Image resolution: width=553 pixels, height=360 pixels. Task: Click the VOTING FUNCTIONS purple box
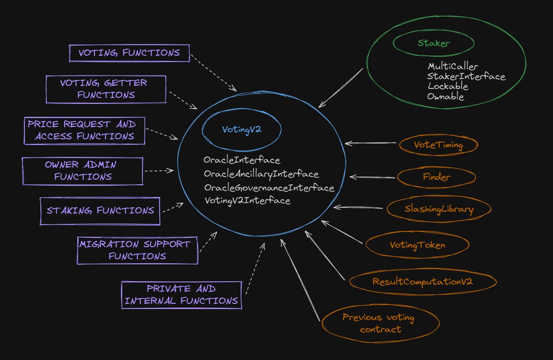pos(129,53)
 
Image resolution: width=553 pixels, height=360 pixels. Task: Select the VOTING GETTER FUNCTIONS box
pos(106,89)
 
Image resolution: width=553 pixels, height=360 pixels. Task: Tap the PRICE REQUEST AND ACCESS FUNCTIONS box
pos(84,130)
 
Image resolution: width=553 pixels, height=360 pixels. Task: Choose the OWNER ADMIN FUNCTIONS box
pos(83,171)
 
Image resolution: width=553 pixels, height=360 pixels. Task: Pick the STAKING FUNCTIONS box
pos(100,211)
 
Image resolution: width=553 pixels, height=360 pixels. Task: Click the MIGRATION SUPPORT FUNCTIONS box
pos(137,250)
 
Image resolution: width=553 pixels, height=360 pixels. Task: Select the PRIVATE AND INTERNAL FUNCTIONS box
pos(181,295)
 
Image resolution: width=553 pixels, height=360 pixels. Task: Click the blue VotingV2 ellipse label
pos(242,130)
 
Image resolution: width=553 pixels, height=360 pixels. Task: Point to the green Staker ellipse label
pos(434,43)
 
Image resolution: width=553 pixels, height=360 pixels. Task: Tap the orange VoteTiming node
pos(438,145)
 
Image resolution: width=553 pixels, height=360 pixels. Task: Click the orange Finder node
pos(437,177)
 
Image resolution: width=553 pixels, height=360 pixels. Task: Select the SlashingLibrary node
pos(439,209)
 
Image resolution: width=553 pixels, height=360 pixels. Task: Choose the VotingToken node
pos(417,245)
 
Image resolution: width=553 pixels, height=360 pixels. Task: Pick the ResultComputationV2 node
pos(422,282)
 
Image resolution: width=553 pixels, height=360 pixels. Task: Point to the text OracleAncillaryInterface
pos(261,174)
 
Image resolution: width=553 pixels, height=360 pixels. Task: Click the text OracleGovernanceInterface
pos(269,188)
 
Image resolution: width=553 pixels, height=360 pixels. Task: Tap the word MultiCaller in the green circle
pos(453,67)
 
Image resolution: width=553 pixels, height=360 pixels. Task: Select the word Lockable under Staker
pos(447,86)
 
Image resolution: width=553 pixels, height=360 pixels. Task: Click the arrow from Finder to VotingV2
pos(373,177)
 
